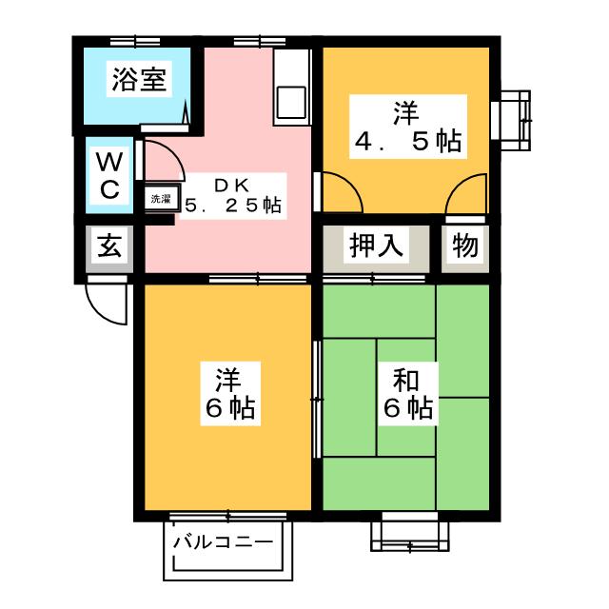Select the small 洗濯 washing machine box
[x=159, y=199]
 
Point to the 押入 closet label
[x=378, y=247]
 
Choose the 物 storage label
[x=465, y=247]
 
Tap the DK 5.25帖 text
[x=233, y=195]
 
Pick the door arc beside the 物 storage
[x=466, y=195]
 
